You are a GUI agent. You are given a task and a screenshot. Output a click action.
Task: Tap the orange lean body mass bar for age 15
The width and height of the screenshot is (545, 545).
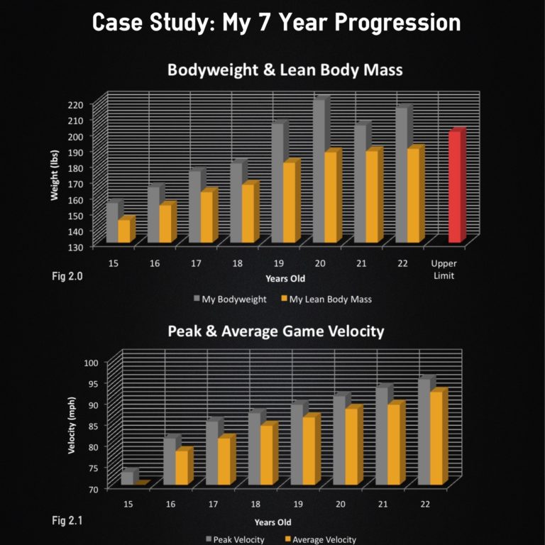click(124, 231)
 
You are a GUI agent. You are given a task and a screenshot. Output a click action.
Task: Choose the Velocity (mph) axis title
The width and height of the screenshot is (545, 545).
click(72, 424)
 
